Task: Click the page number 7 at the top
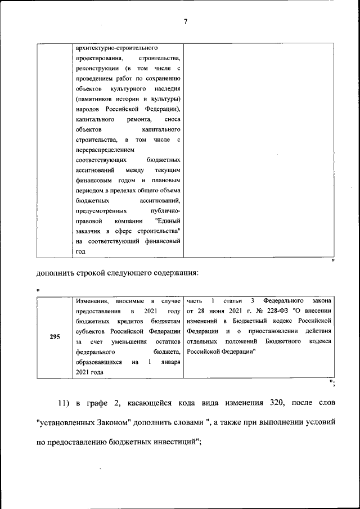[x=184, y=22]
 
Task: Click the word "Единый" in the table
[x=168, y=221]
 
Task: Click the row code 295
[x=55, y=337]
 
